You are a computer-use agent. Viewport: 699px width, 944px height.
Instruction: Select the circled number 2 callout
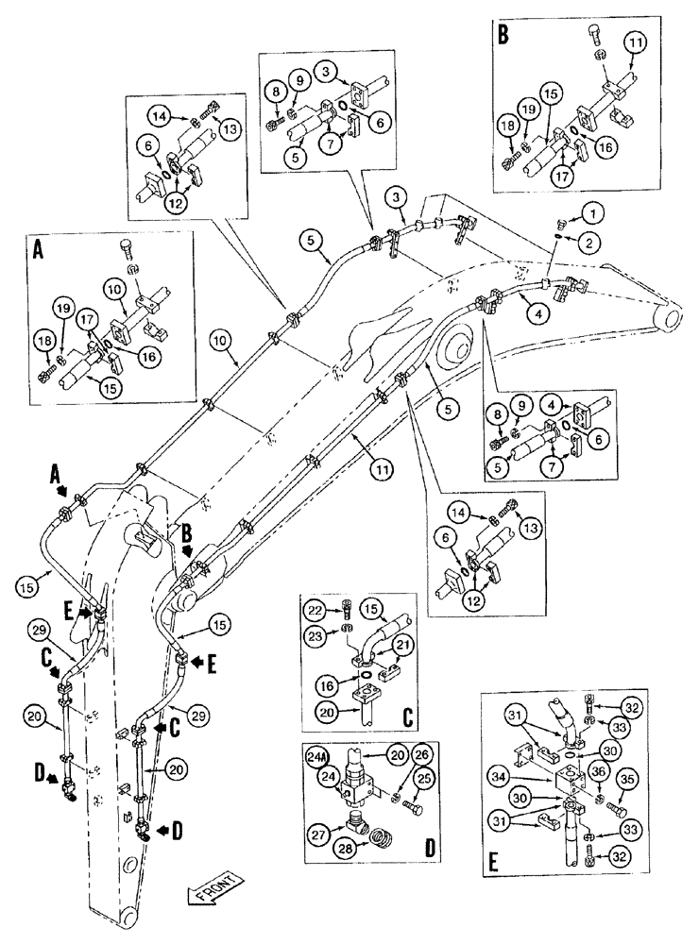(588, 243)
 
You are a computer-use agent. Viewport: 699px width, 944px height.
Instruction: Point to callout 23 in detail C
(316, 636)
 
